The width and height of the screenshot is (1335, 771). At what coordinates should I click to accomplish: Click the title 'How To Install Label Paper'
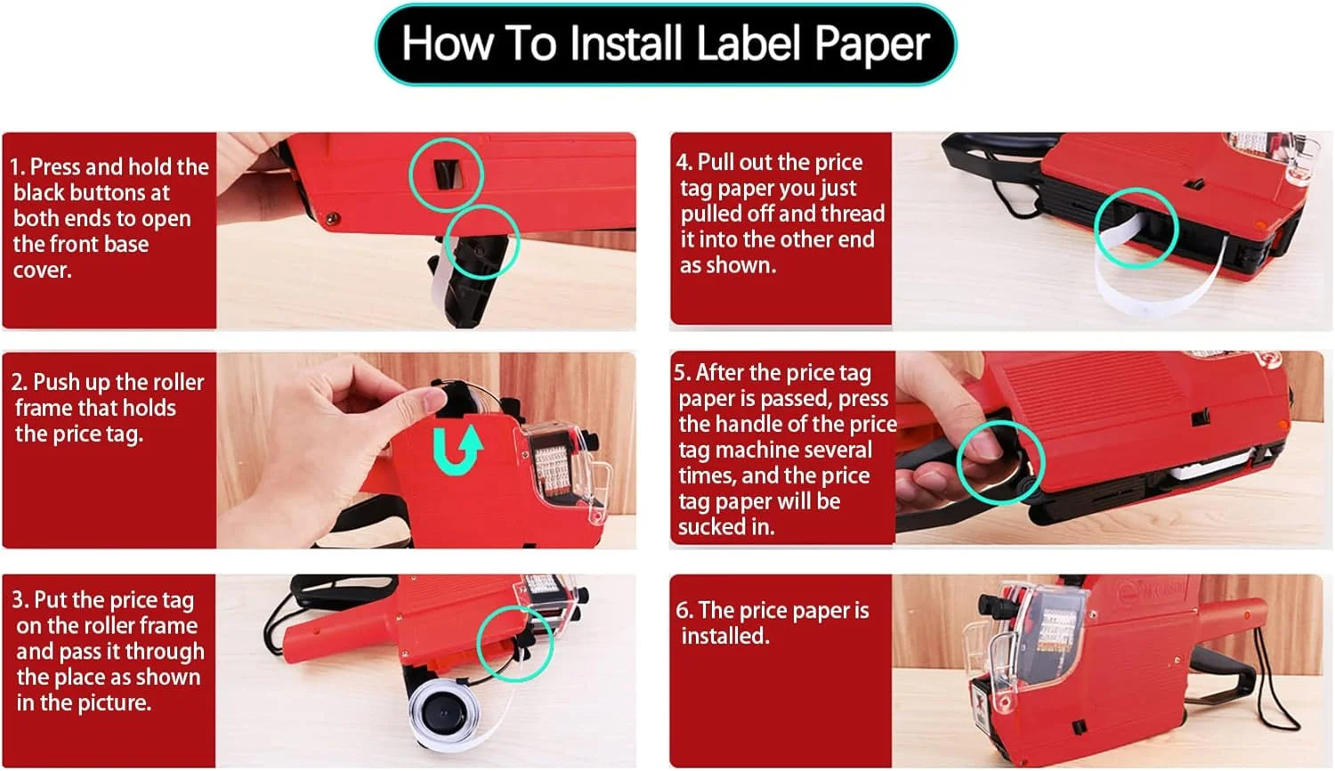click(x=665, y=44)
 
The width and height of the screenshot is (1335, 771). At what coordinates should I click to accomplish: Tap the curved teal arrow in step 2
click(x=457, y=449)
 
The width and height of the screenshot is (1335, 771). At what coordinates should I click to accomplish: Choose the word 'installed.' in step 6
click(x=725, y=636)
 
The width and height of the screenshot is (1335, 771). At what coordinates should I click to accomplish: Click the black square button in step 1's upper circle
click(x=447, y=173)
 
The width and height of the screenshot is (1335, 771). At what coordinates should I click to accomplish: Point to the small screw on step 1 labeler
click(x=332, y=216)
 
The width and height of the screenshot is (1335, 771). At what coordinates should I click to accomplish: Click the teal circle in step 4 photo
click(x=1136, y=228)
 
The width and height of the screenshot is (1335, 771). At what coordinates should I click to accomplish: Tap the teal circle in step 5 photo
click(x=1000, y=462)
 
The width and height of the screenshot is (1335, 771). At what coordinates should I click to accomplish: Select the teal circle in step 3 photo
click(x=514, y=644)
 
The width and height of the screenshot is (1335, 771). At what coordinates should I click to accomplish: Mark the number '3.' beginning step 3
click(x=20, y=600)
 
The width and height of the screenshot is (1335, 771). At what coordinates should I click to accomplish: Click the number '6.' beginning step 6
click(x=684, y=611)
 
